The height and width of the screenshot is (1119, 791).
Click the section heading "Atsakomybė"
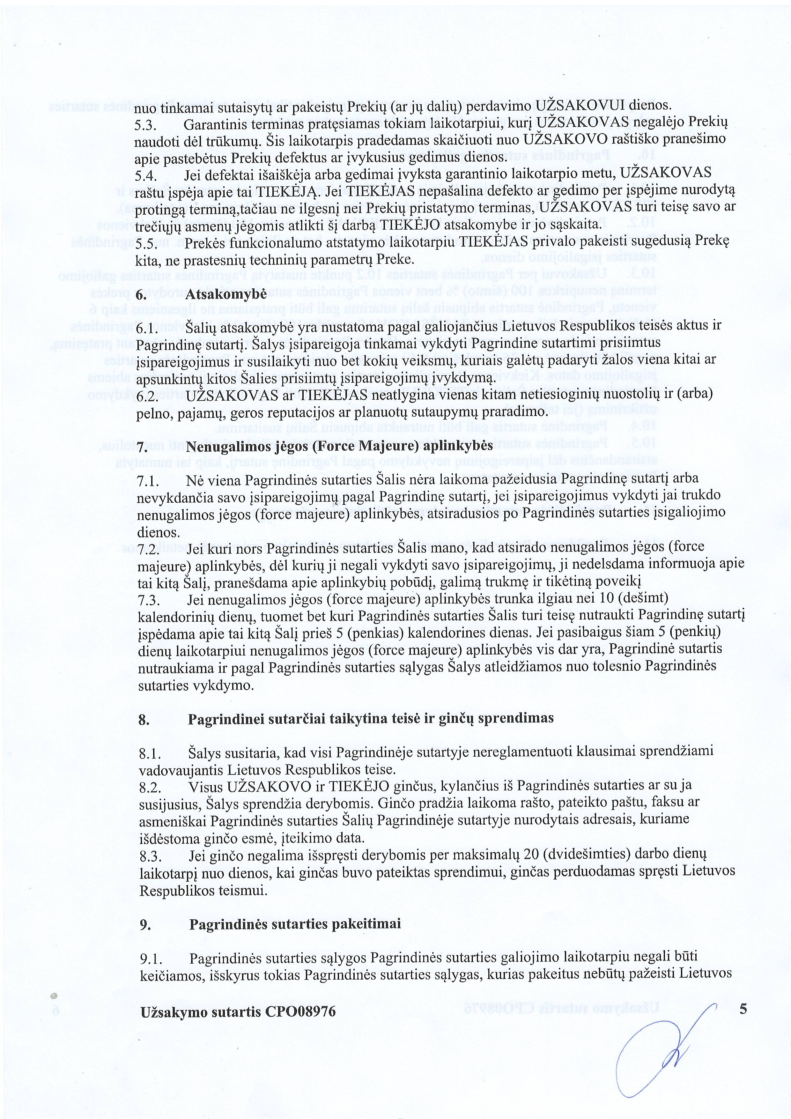point(225,294)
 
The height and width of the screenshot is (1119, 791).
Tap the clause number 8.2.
point(150,786)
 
